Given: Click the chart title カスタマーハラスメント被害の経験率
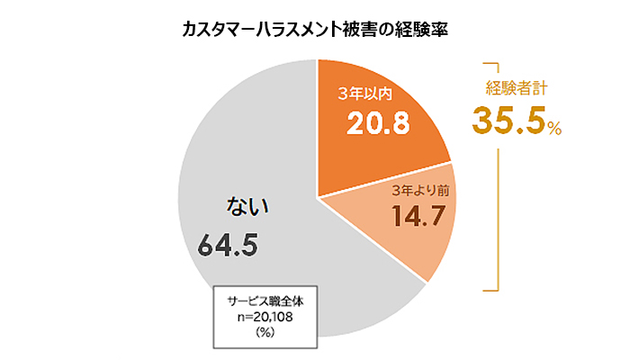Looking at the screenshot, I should click(316, 29).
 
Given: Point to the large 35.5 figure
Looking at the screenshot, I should click(507, 121).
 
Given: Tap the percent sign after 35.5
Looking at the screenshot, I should click(553, 130).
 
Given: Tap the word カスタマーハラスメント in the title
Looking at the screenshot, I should click(257, 29).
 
